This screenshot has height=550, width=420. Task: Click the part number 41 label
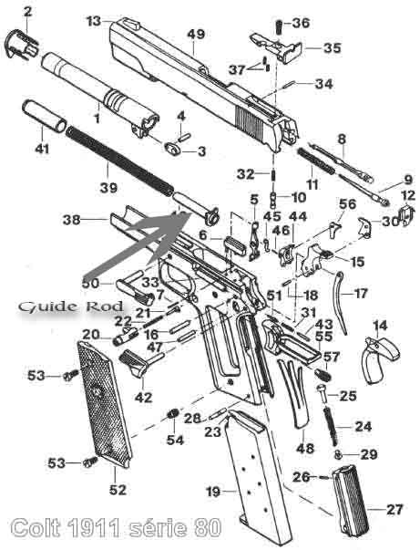[x=42, y=149]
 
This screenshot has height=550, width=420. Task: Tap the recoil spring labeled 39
[x=119, y=161]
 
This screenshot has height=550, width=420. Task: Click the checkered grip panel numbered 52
[x=104, y=404]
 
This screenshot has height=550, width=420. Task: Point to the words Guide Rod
[x=71, y=306]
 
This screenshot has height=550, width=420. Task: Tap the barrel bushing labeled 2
[x=21, y=45]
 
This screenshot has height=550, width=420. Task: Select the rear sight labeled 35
[x=277, y=48]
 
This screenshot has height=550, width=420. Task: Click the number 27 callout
[x=394, y=509]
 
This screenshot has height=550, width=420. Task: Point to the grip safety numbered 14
[x=381, y=360]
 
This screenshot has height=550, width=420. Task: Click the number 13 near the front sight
[x=94, y=21]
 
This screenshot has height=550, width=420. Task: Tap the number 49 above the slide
[x=196, y=35]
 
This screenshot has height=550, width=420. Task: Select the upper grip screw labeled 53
[x=71, y=376]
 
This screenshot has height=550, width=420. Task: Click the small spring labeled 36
[x=279, y=27]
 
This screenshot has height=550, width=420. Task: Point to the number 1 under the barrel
[x=97, y=118]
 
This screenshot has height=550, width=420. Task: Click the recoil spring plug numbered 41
[x=45, y=116]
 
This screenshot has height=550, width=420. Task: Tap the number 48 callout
[x=305, y=448]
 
